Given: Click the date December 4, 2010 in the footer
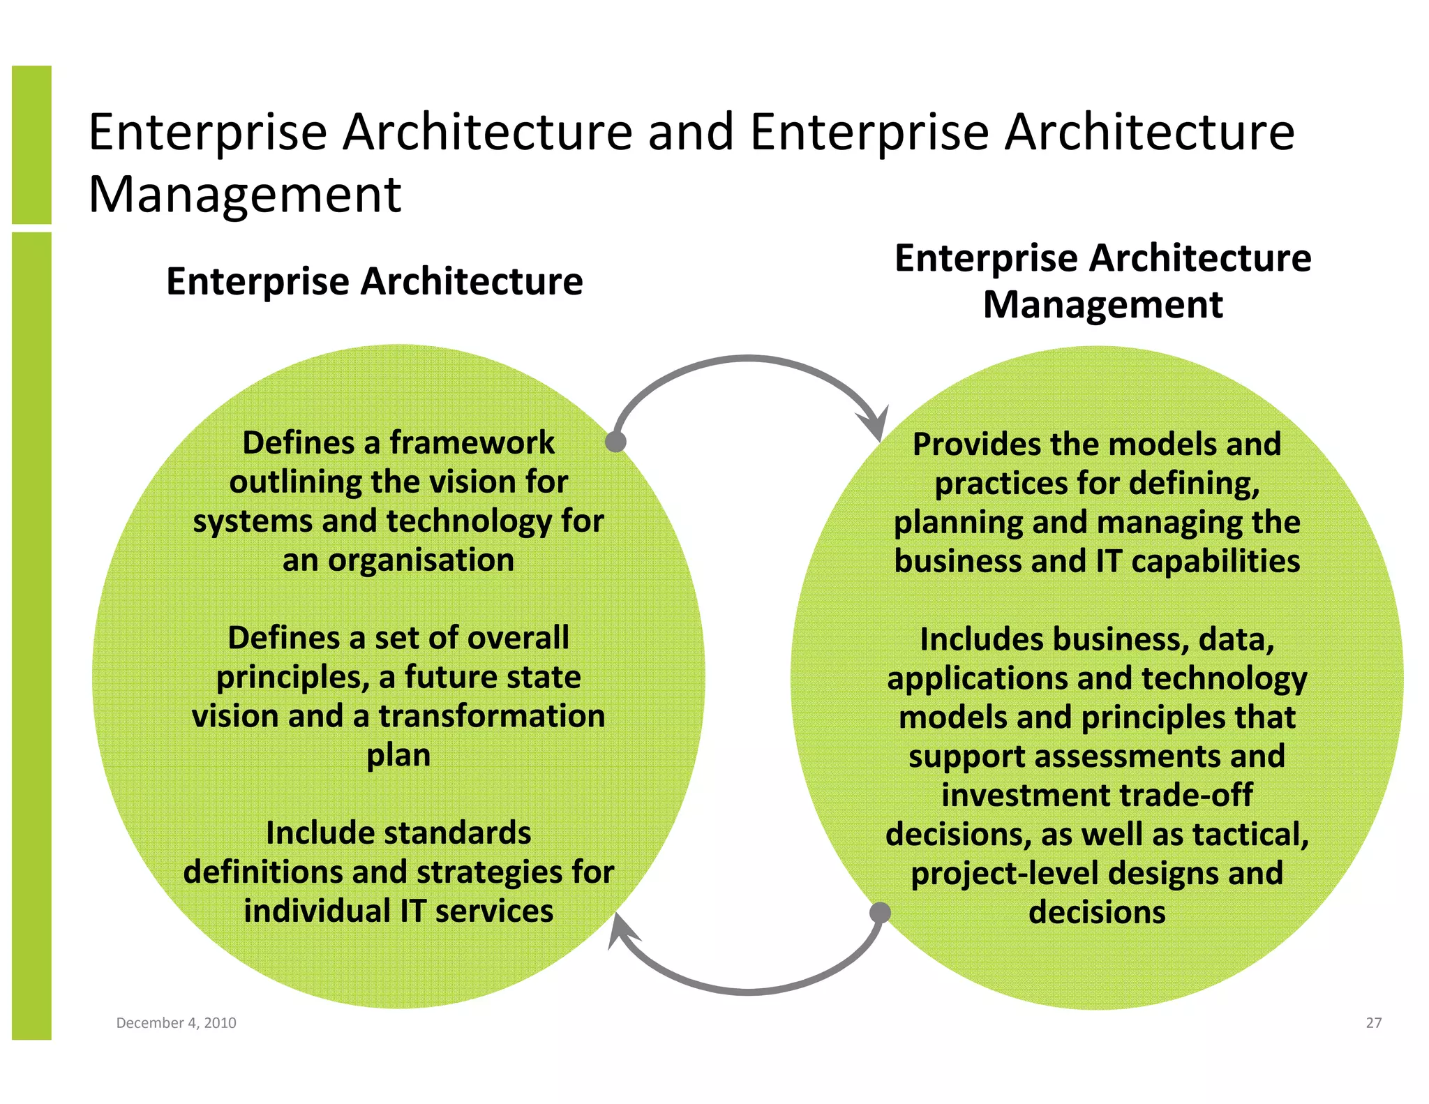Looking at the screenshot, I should point(176,1023).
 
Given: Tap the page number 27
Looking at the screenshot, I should point(1373,1023).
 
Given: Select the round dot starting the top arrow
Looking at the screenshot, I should point(615,442).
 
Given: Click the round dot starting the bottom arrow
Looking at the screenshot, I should point(881,912).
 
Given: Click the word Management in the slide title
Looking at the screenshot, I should point(245,194).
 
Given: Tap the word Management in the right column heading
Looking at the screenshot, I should point(1102,305).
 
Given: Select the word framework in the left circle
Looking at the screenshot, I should point(472,442).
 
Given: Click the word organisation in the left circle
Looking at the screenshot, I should point(421,560).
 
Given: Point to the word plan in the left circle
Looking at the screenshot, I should point(398,756).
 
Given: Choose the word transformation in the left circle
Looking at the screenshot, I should point(492,716).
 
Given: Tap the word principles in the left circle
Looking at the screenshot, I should point(292,678).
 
